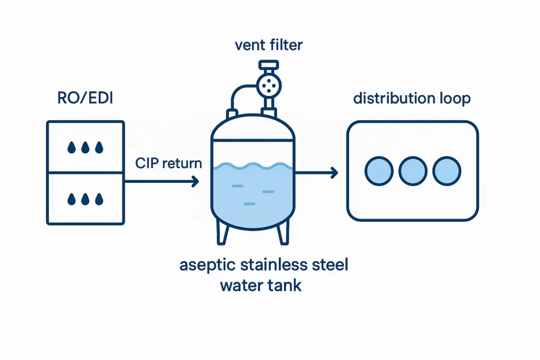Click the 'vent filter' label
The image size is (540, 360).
268,45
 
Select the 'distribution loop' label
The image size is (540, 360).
411,99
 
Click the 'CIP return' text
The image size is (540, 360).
168,163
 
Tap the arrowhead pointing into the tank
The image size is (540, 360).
196,181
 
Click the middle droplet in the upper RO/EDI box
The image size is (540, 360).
85,148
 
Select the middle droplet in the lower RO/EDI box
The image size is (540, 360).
85,199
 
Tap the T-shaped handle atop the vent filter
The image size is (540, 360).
268,66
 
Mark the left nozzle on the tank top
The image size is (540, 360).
232,114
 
